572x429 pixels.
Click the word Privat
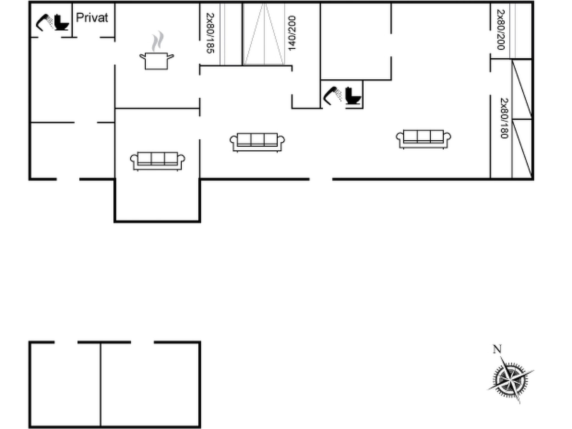[92, 18]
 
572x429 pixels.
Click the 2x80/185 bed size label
[210, 33]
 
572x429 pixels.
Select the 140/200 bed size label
[292, 33]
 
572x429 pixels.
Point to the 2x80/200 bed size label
[501, 30]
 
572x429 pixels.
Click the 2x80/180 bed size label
[504, 118]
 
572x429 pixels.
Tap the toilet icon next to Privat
[61, 22]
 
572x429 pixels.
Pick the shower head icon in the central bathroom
[332, 96]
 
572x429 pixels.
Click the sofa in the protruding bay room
[158, 161]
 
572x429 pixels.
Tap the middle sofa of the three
[257, 142]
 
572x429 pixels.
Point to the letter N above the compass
[497, 349]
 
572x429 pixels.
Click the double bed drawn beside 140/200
[264, 34]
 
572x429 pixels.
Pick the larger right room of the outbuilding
[150, 384]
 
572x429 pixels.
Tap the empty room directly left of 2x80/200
[440, 31]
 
